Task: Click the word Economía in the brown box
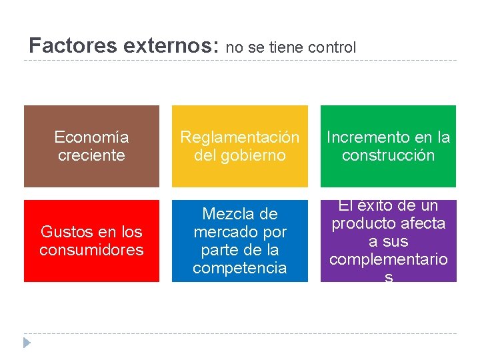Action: pyautogui.click(x=91, y=137)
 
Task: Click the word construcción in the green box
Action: pyautogui.click(x=388, y=155)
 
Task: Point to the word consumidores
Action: pyautogui.click(x=91, y=250)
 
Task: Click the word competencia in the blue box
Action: pyautogui.click(x=240, y=268)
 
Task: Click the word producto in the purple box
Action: pyautogui.click(x=361, y=223)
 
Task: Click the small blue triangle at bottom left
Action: pyautogui.click(x=27, y=343)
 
